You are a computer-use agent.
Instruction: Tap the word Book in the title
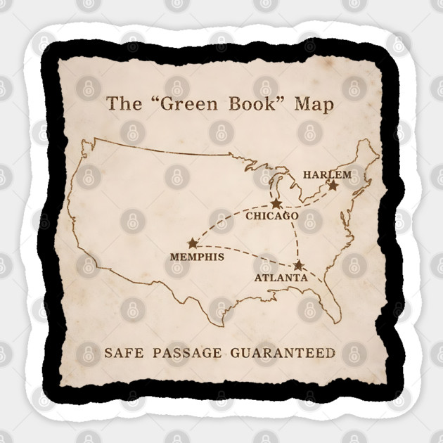[246, 105]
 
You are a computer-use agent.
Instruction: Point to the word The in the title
[120, 105]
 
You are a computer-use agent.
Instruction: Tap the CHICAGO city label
[271, 216]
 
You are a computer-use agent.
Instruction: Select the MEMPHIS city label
[197, 257]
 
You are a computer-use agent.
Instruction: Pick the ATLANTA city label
[281, 278]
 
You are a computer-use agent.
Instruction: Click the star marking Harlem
[333, 186]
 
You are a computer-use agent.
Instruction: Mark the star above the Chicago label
[276, 203]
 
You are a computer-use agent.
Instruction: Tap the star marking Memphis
[193, 243]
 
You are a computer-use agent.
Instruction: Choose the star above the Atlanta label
[299, 265]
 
